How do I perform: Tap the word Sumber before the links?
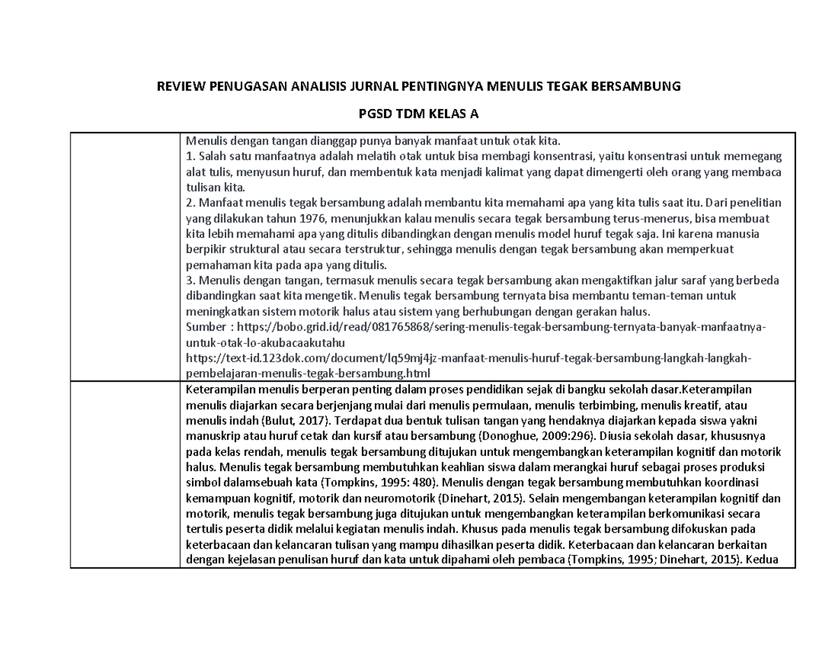[203, 327]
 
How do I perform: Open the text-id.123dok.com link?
[469, 358]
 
